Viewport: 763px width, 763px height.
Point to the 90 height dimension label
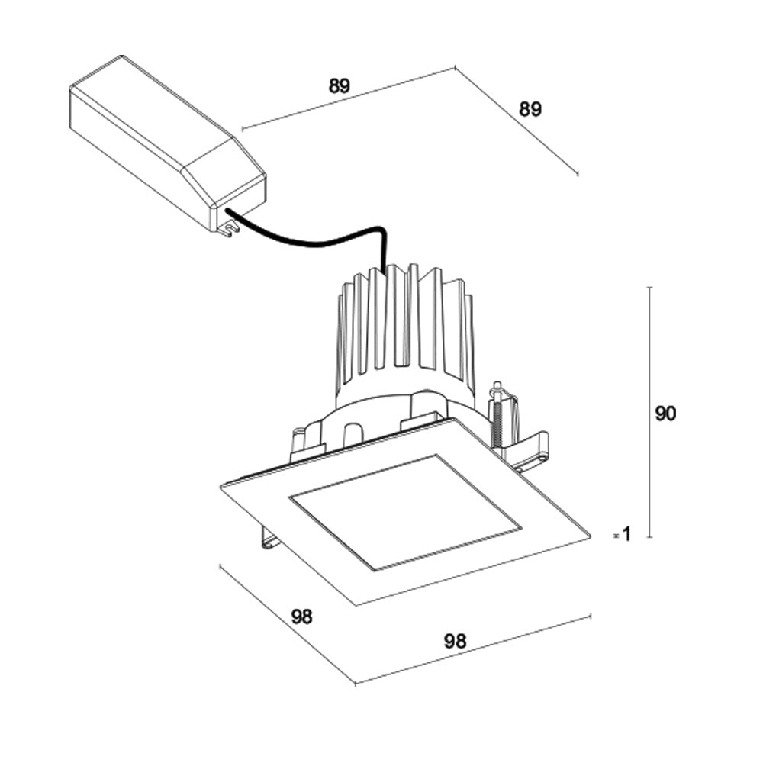(665, 414)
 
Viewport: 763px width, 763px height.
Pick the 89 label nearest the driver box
(340, 86)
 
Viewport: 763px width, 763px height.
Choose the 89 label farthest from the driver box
(530, 109)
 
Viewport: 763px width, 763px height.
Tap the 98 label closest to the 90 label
(455, 642)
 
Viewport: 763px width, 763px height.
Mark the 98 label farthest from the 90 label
(302, 617)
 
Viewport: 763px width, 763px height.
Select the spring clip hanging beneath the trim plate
(269, 537)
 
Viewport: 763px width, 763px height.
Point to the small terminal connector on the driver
(225, 227)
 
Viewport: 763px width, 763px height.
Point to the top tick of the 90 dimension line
(649, 288)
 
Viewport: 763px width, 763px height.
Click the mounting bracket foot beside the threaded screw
(534, 450)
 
